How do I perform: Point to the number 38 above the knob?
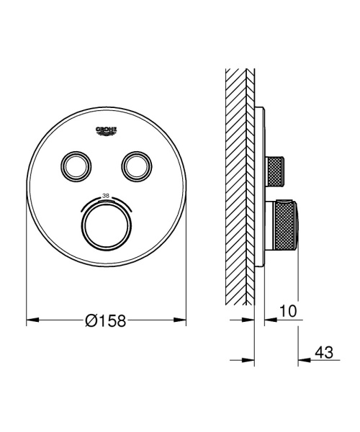click(106, 195)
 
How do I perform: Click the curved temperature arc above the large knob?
click(106, 202)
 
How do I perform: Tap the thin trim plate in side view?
click(258, 187)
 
